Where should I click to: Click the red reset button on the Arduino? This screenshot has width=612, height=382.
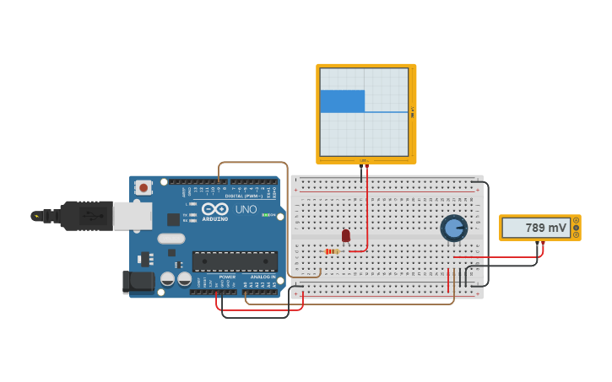coord(144,187)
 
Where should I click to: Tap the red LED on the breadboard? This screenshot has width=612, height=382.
coord(345,235)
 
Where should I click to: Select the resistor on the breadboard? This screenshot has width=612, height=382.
coord(333,251)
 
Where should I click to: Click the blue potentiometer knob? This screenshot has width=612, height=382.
coord(454,228)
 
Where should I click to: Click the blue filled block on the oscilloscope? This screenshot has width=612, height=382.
coord(342,101)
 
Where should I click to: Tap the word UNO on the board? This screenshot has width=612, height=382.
coord(246,209)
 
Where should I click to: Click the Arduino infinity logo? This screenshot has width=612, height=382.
coord(215,208)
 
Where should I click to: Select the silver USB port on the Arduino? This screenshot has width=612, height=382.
coord(133,216)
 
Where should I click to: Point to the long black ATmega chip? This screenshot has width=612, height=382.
coord(235,261)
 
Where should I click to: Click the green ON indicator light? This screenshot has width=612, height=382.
coord(268,215)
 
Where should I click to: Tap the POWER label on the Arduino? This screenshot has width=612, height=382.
coord(227,277)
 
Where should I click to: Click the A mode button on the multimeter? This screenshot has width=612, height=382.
coord(577,221)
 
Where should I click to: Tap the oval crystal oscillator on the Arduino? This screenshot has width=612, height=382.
coord(171,238)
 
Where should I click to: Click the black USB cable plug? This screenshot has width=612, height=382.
coord(84,216)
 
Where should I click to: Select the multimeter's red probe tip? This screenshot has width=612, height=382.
coord(544,245)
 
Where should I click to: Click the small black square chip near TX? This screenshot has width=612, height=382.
coord(173,219)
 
